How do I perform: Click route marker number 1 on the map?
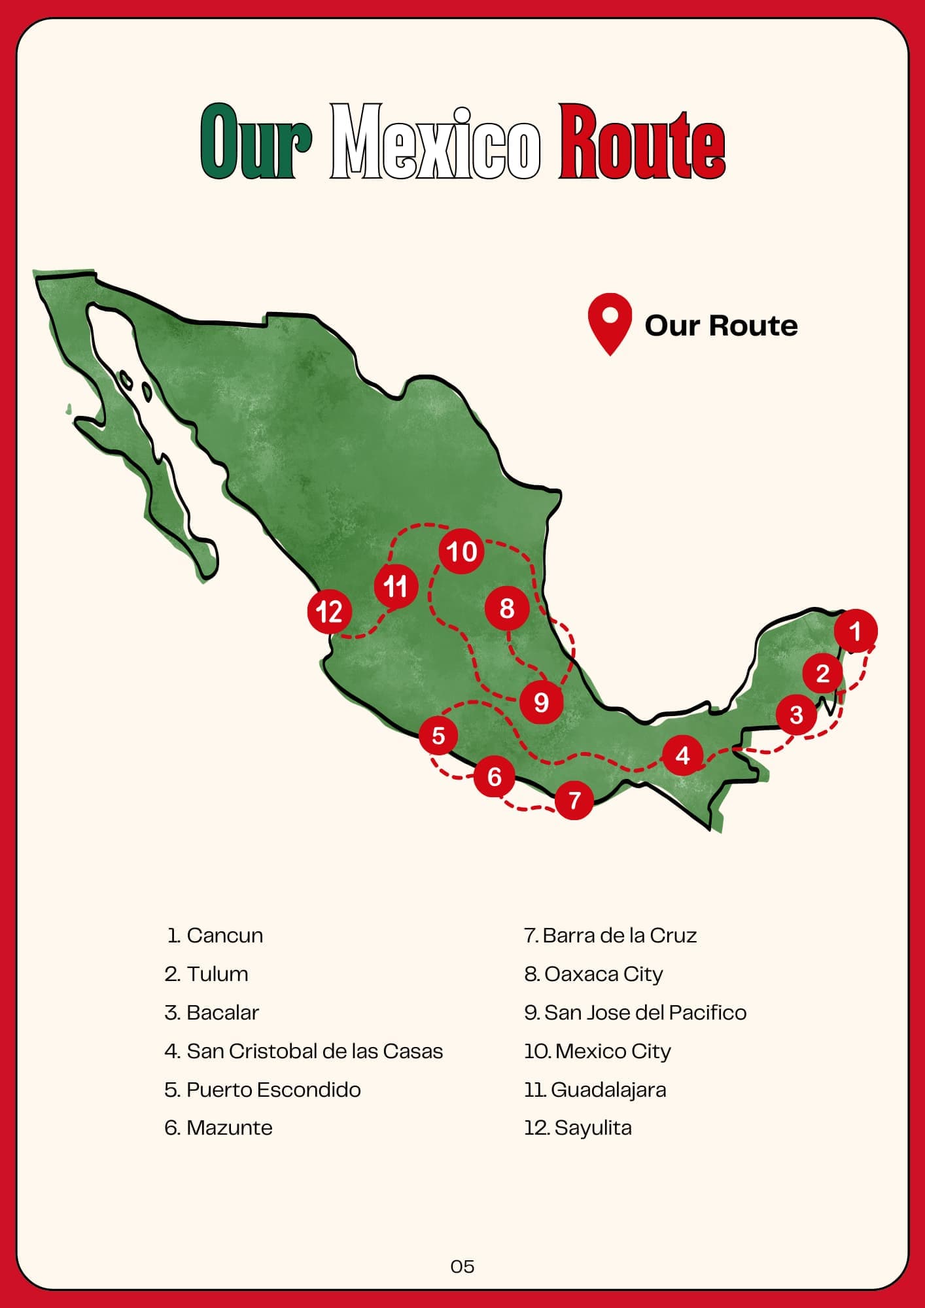(x=855, y=630)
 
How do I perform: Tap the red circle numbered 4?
(x=682, y=755)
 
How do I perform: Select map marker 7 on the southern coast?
(x=574, y=800)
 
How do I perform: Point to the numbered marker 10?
(x=461, y=551)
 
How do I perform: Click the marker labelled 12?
(x=329, y=612)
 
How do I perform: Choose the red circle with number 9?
(x=541, y=702)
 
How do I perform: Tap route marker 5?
(x=438, y=736)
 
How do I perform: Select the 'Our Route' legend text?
(x=721, y=326)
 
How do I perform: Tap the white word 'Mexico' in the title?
(x=435, y=142)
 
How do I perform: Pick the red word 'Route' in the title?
(x=642, y=142)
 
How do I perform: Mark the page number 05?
(x=462, y=1267)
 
